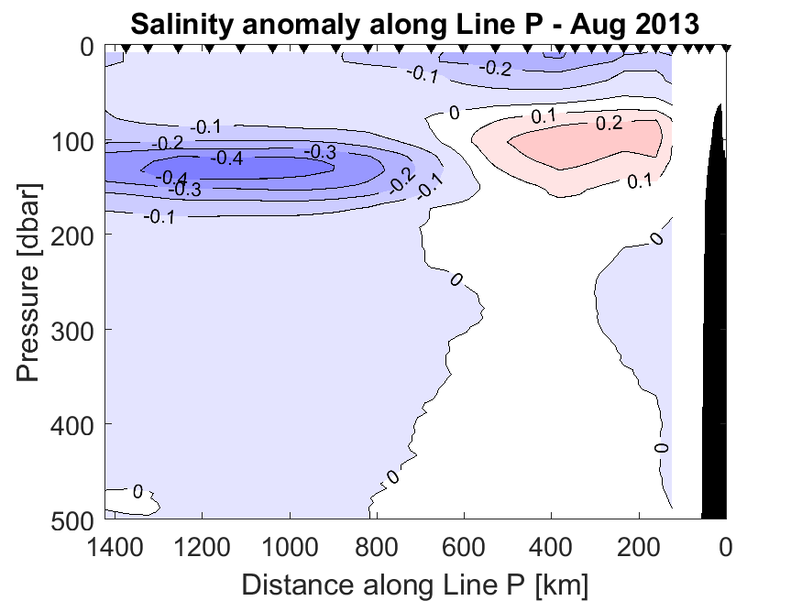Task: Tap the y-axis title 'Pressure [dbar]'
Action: click(x=28, y=285)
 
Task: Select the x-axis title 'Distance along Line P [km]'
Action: click(x=414, y=583)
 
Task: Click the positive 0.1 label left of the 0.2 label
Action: click(x=544, y=116)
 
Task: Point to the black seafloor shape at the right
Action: click(x=715, y=366)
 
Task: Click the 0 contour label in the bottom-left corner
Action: click(x=137, y=492)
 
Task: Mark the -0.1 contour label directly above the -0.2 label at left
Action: click(x=208, y=126)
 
